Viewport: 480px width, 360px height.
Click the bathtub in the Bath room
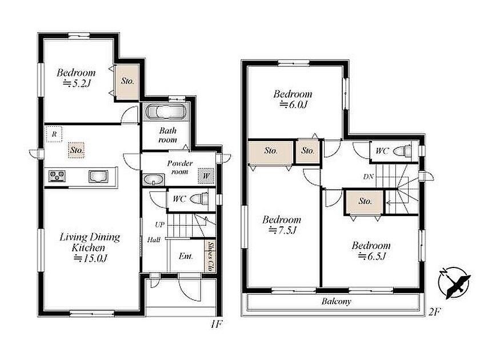(165, 111)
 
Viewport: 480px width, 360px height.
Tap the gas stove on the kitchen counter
(57, 176)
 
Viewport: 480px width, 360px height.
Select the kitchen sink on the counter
(98, 177)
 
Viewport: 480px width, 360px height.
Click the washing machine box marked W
(206, 176)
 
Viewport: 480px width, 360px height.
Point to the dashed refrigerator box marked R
(54, 134)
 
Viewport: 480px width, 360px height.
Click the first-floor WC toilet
(199, 199)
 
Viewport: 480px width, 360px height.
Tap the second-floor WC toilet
(402, 151)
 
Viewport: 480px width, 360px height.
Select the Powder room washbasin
(154, 179)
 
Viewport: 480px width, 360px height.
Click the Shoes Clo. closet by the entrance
(210, 256)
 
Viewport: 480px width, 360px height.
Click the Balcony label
(336, 302)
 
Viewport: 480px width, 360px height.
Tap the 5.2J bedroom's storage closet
(127, 81)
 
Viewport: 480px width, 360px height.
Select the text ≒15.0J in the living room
(90, 259)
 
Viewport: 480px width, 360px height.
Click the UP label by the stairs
(159, 225)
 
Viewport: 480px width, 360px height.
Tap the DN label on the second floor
(368, 177)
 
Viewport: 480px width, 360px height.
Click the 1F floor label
(216, 324)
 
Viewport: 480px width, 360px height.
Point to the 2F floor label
(434, 312)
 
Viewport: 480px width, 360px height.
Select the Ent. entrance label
(186, 256)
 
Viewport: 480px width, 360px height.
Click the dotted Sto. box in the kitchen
(76, 150)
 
